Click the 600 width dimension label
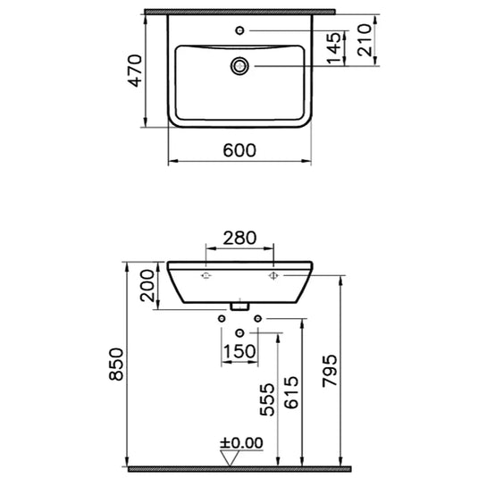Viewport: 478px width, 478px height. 239,151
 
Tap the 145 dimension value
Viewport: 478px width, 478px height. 333,48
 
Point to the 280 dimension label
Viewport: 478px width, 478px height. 239,239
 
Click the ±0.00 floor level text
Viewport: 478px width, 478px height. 241,441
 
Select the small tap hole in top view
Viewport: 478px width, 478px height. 239,31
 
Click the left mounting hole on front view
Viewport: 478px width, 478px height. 206,277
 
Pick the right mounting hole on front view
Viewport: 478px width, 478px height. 273,277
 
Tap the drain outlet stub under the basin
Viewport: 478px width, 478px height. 239,306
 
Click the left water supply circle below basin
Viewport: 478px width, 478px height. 221,319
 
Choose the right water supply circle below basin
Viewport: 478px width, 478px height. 258,319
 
